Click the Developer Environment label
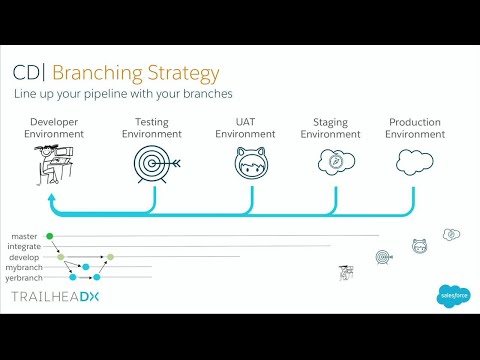54,128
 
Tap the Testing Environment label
152,128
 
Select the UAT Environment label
245,128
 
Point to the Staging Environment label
330,128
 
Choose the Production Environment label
415,128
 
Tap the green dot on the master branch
50,236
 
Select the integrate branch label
25,247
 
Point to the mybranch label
24,267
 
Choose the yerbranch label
24,277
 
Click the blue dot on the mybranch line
86,267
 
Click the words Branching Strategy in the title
135,73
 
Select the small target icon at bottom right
383,257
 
